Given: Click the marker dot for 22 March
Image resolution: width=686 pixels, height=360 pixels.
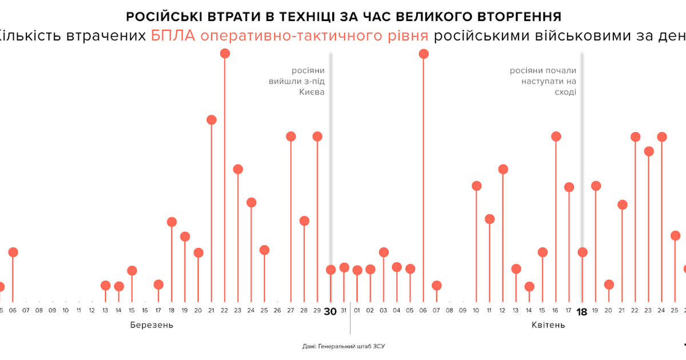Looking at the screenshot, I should (x=225, y=53).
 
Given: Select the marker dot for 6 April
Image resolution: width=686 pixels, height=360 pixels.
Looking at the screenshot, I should (x=424, y=54).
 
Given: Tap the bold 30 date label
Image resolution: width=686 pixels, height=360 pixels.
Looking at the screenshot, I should (x=330, y=311).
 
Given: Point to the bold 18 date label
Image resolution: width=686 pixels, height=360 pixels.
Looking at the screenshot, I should (x=582, y=311).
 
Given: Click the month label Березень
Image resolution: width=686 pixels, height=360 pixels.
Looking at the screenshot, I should (x=151, y=325).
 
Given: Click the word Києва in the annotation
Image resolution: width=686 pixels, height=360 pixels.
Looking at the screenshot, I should (x=312, y=92).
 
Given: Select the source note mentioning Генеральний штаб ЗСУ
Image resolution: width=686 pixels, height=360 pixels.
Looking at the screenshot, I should (x=348, y=346).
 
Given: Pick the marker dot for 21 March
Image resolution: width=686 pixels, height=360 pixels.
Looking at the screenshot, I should (x=212, y=120).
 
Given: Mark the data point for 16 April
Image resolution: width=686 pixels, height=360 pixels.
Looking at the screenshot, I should (x=556, y=137).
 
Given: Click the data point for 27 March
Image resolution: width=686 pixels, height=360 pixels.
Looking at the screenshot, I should (x=290, y=137).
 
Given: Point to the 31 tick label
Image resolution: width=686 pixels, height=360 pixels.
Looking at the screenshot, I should (x=344, y=311).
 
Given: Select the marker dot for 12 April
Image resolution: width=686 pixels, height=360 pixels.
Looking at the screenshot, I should (x=503, y=169).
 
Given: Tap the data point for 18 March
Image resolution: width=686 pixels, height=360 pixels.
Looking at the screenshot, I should (x=171, y=222).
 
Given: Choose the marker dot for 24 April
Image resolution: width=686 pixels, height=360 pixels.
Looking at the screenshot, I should (x=662, y=137).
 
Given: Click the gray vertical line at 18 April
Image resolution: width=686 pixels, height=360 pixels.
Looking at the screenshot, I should (x=583, y=171).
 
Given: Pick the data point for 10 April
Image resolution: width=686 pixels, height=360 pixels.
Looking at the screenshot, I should (x=476, y=186).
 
